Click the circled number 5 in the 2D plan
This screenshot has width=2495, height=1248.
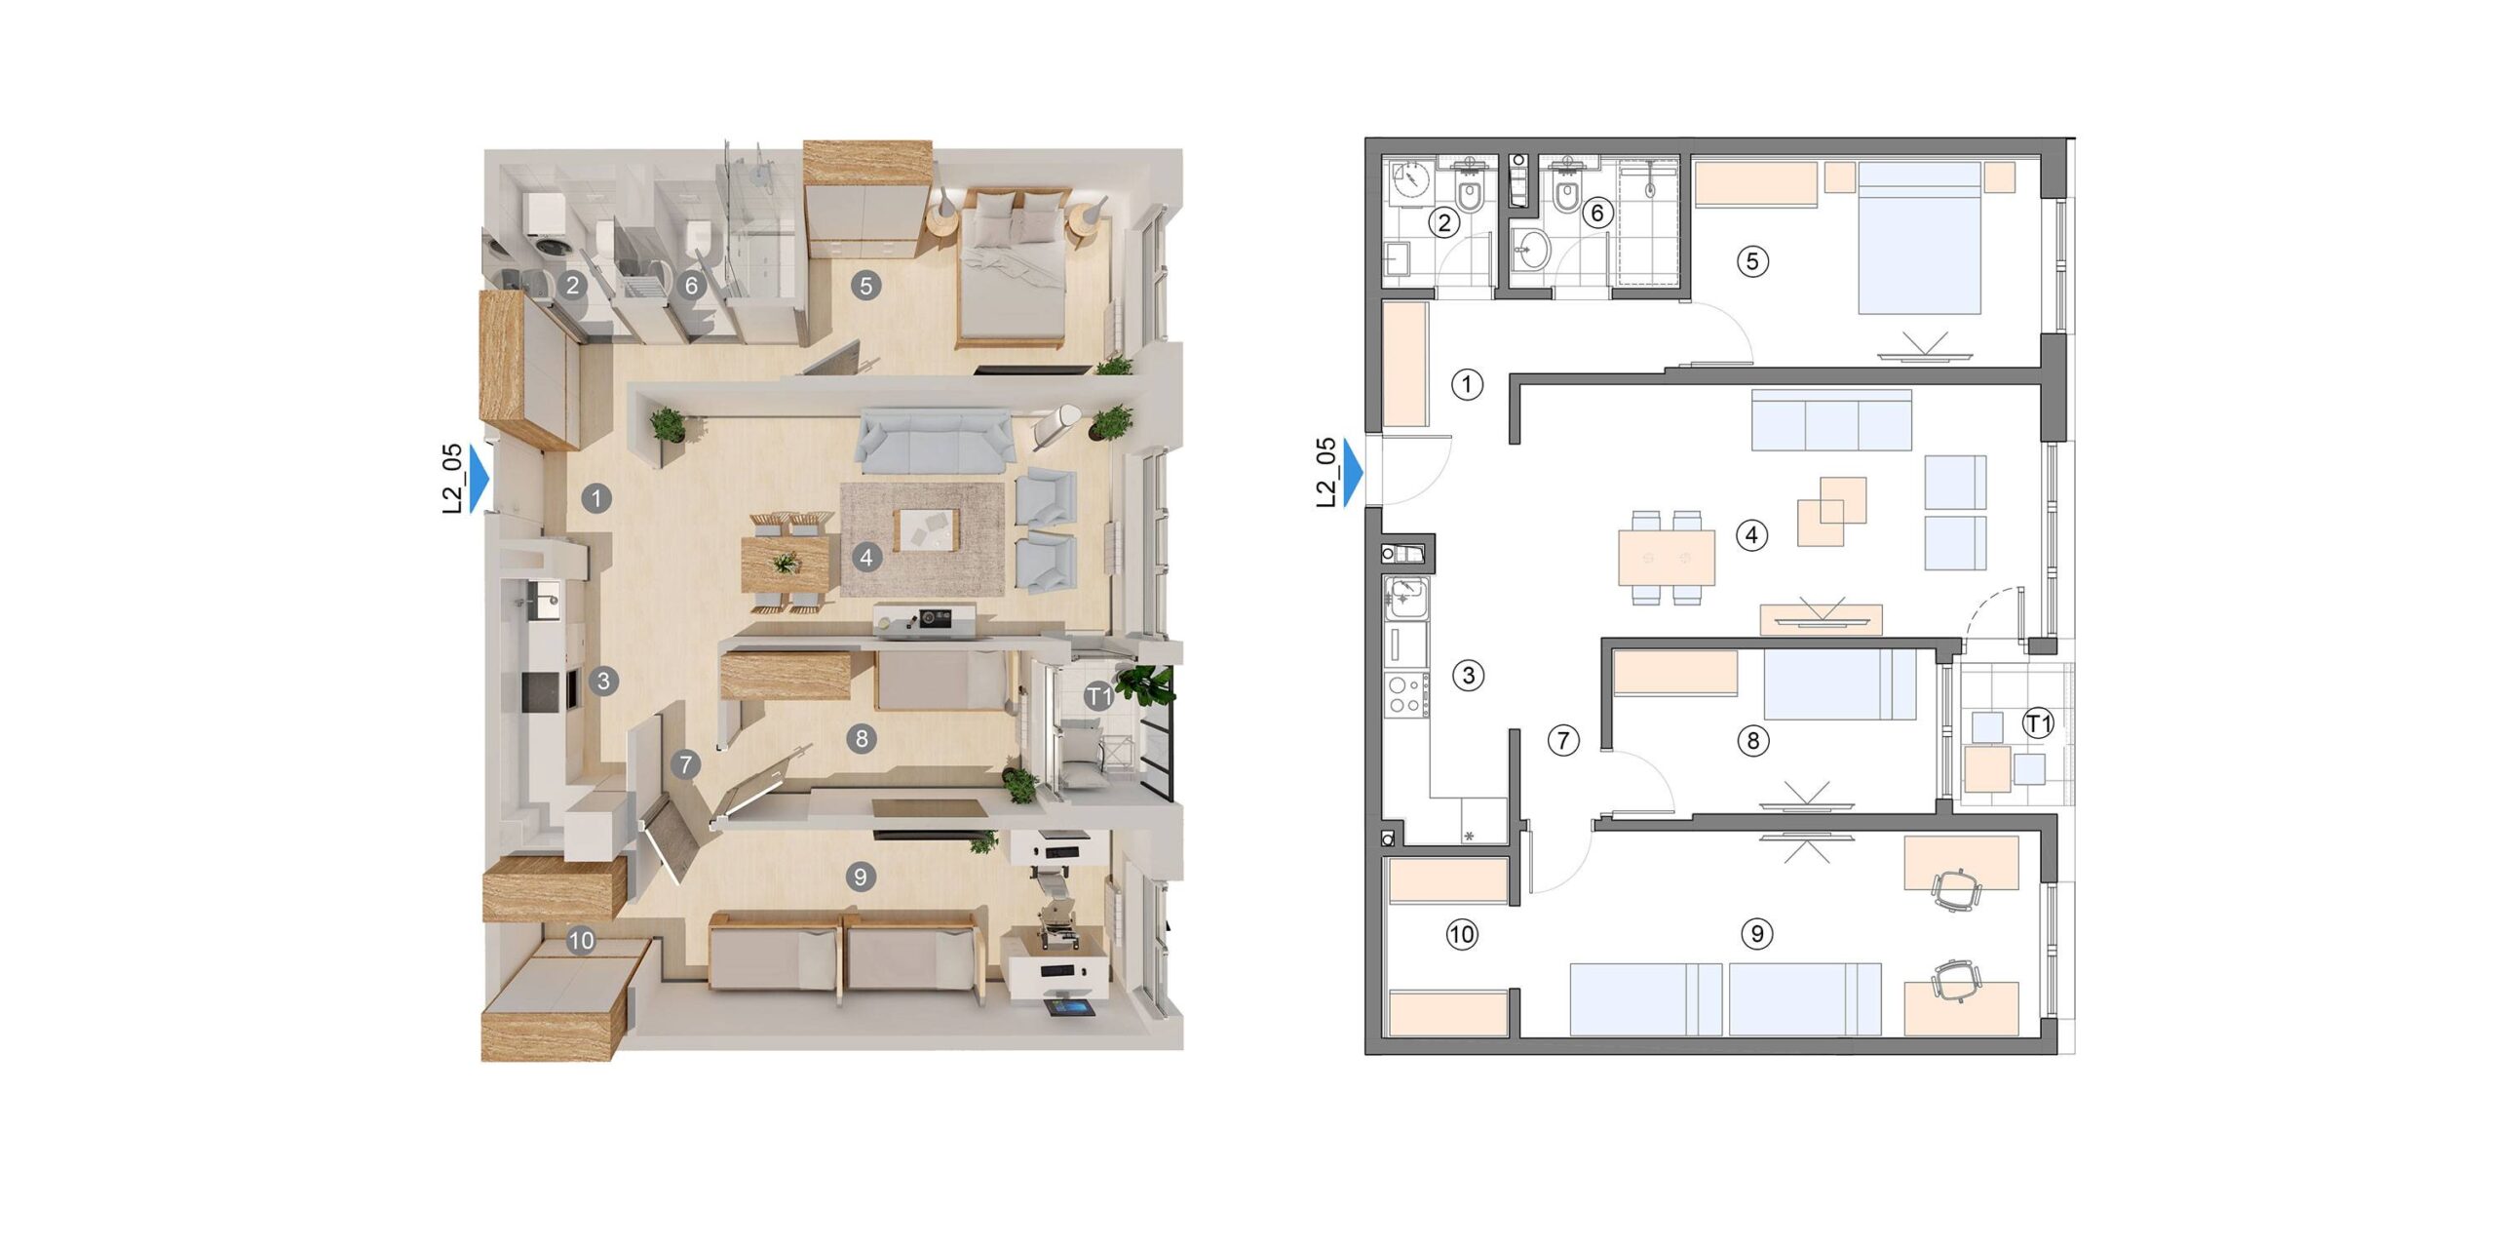[1752, 261]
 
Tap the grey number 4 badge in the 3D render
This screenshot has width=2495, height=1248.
[866, 558]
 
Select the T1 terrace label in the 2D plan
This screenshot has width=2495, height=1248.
[2038, 723]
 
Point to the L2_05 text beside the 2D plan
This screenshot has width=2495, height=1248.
[1325, 473]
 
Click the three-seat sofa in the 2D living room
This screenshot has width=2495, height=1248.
[1831, 420]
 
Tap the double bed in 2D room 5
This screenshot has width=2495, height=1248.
[1919, 238]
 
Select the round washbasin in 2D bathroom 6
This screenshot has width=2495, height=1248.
[1532, 250]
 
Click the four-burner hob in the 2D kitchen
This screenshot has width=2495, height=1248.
[1404, 695]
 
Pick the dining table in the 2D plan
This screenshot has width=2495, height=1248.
[1667, 558]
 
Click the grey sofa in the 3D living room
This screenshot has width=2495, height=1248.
[934, 441]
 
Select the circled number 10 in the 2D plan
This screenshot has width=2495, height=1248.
[1461, 935]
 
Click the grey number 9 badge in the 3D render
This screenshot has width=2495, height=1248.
[860, 877]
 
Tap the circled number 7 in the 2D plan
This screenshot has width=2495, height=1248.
[1563, 741]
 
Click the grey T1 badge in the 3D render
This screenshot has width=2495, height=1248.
[1099, 696]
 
